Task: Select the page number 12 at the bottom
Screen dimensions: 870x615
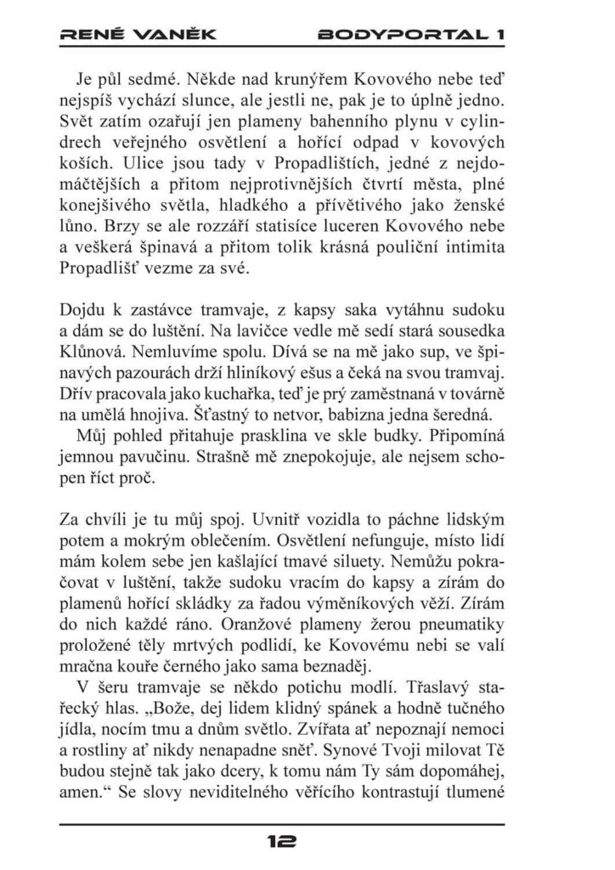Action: pos(281,841)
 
